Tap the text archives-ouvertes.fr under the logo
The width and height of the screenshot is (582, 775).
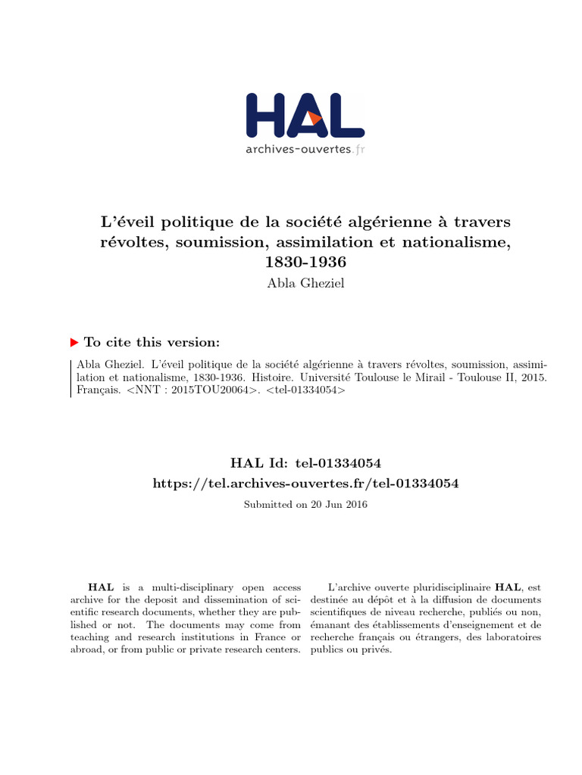(305, 149)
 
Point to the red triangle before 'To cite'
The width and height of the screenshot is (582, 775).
(74, 342)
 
